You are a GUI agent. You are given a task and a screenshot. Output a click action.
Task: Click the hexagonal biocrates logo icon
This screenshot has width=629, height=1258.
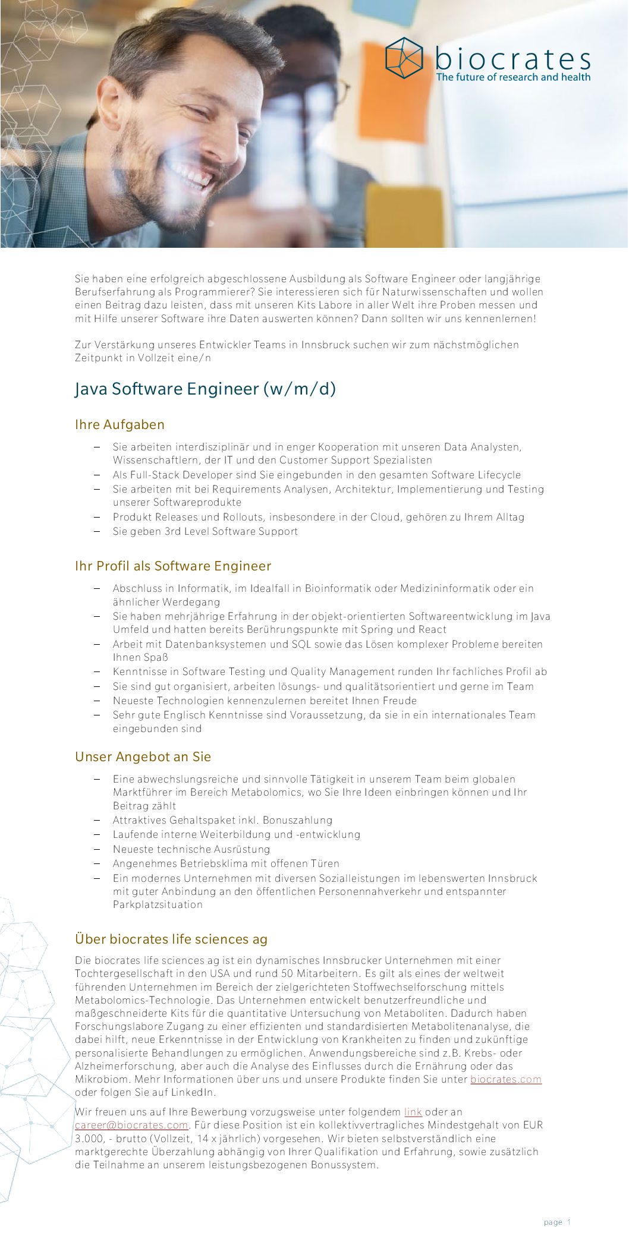tap(404, 58)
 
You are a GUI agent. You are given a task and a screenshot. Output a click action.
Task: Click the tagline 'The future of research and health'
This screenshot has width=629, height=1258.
tap(513, 77)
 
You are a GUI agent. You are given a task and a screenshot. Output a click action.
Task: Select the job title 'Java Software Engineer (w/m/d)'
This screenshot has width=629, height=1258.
tap(206, 389)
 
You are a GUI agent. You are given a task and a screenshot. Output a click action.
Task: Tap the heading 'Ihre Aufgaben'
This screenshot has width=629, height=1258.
tap(119, 424)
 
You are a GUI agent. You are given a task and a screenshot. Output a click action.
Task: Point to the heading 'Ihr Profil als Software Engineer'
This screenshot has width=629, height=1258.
tap(173, 566)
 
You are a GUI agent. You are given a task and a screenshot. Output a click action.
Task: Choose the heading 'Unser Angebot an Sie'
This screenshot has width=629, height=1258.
tap(143, 756)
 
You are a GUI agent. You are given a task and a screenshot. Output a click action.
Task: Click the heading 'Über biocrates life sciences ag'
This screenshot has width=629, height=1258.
tap(171, 939)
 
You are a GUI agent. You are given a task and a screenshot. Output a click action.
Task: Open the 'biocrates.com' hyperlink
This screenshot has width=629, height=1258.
tap(506, 1079)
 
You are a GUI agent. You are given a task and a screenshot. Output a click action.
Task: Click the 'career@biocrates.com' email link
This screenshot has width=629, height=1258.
tap(131, 1125)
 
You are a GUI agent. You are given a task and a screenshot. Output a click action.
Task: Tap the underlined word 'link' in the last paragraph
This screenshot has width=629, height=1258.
tap(413, 1112)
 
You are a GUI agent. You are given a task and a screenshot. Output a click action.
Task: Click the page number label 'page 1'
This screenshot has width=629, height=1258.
tap(557, 1222)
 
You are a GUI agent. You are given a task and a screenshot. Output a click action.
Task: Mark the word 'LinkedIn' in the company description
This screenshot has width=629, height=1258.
tap(194, 1092)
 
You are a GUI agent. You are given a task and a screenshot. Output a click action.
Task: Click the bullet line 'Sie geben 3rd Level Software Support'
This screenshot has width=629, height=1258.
tap(205, 531)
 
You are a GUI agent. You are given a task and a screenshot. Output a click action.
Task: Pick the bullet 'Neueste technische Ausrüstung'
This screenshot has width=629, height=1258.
tap(191, 849)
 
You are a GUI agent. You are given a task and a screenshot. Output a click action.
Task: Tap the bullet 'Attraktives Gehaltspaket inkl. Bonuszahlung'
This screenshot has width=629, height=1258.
tap(222, 820)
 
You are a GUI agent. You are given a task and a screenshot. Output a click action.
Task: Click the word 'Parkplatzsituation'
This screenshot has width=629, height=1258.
tap(158, 904)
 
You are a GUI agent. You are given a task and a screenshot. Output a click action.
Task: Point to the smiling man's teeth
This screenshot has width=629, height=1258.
tap(194, 175)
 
